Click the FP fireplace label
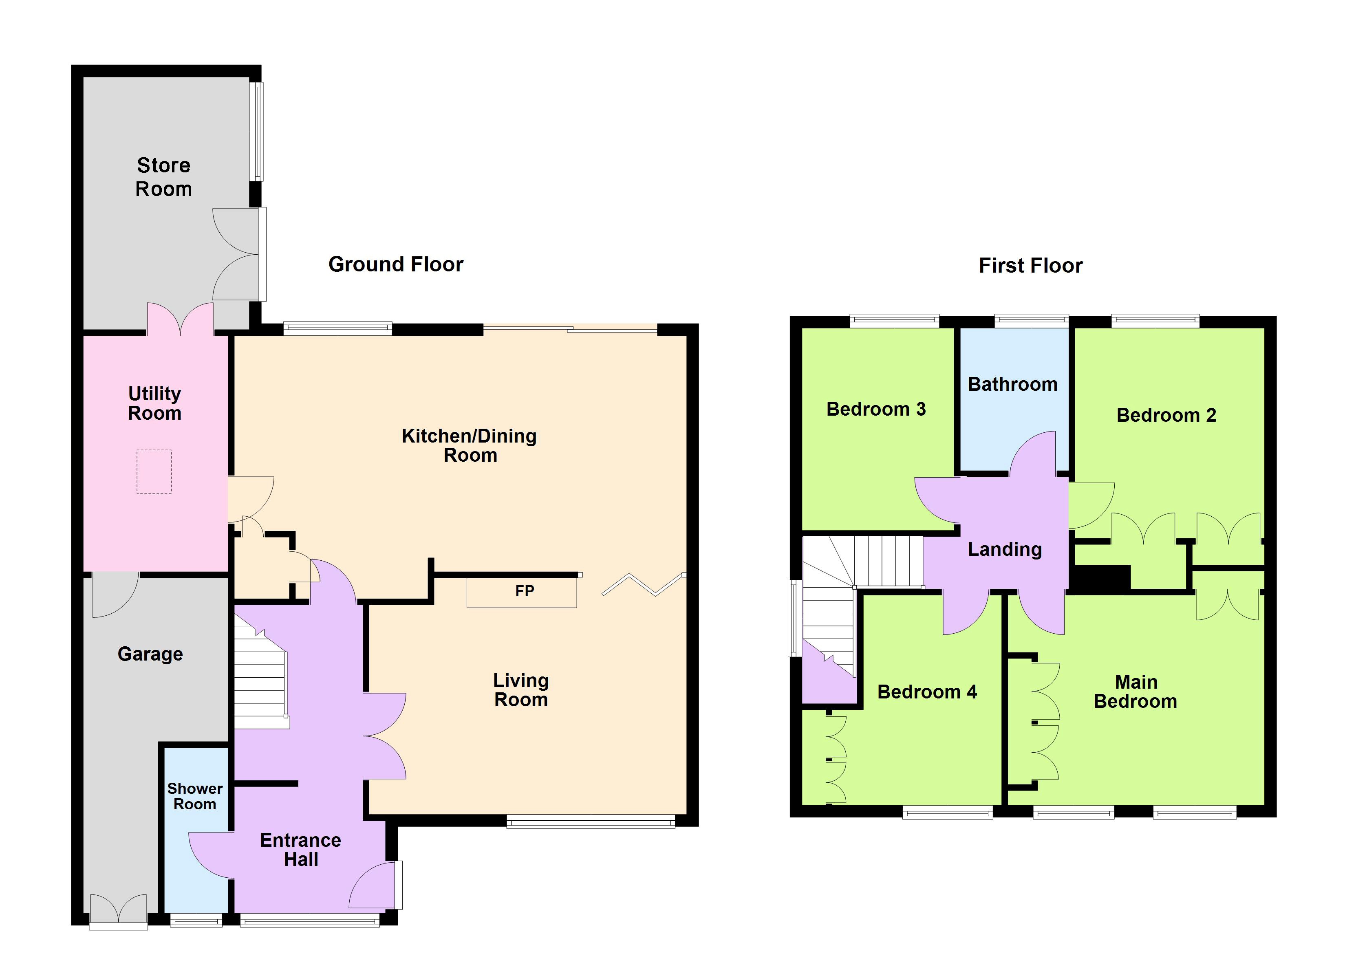tap(524, 591)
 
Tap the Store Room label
tap(164, 177)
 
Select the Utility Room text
tap(155, 403)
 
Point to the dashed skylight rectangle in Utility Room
tap(154, 471)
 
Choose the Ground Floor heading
tap(396, 264)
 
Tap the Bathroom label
tap(1012, 384)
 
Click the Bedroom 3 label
tap(876, 409)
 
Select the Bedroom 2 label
tap(1166, 415)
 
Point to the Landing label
tap(1005, 549)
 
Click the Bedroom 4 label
tap(927, 692)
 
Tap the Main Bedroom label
tap(1135, 692)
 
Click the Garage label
tap(150, 654)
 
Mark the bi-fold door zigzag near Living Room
tap(644, 584)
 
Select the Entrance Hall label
tap(301, 849)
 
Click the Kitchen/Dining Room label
tap(470, 445)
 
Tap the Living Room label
tap(521, 690)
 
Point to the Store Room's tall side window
tap(256, 131)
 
